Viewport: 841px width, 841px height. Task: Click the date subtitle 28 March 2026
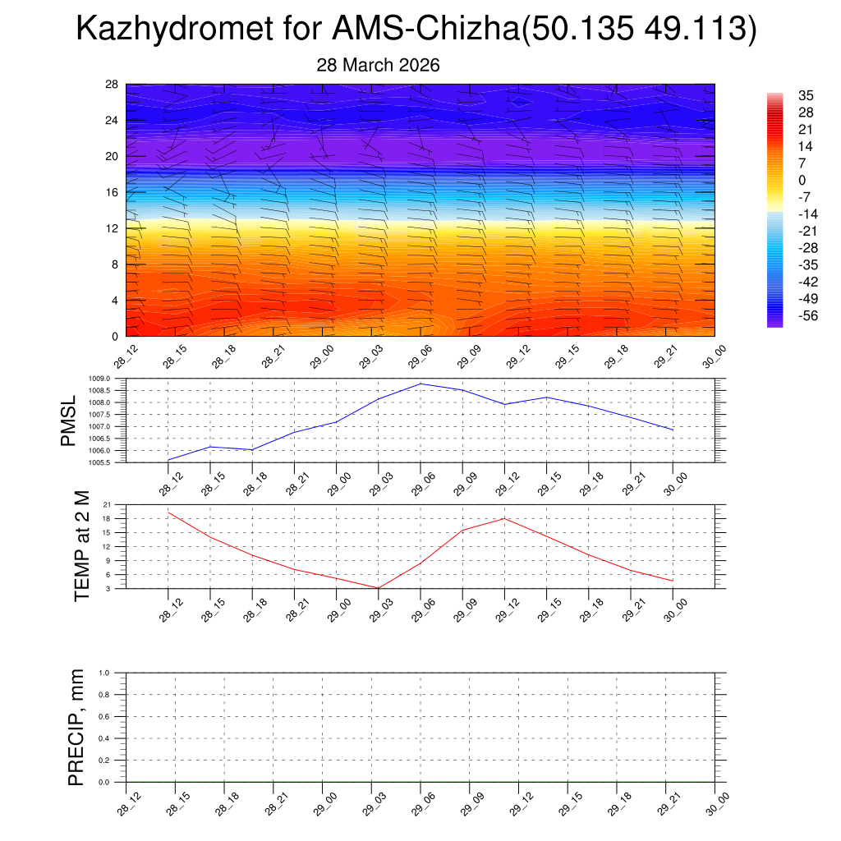pyautogui.click(x=379, y=66)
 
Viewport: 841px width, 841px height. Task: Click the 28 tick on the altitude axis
pyautogui.click(x=113, y=85)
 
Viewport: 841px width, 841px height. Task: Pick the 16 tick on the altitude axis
pyautogui.click(x=113, y=192)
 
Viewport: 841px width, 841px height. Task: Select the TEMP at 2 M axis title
pyautogui.click(x=81, y=545)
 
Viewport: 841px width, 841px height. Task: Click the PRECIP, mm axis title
pyautogui.click(x=76, y=727)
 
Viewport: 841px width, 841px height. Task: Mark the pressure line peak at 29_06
pyautogui.click(x=420, y=384)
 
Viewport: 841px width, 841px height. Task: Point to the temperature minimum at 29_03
pyautogui.click(x=379, y=588)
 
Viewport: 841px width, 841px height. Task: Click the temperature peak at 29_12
pyautogui.click(x=504, y=518)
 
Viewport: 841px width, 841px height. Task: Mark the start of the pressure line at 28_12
pyautogui.click(x=168, y=460)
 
